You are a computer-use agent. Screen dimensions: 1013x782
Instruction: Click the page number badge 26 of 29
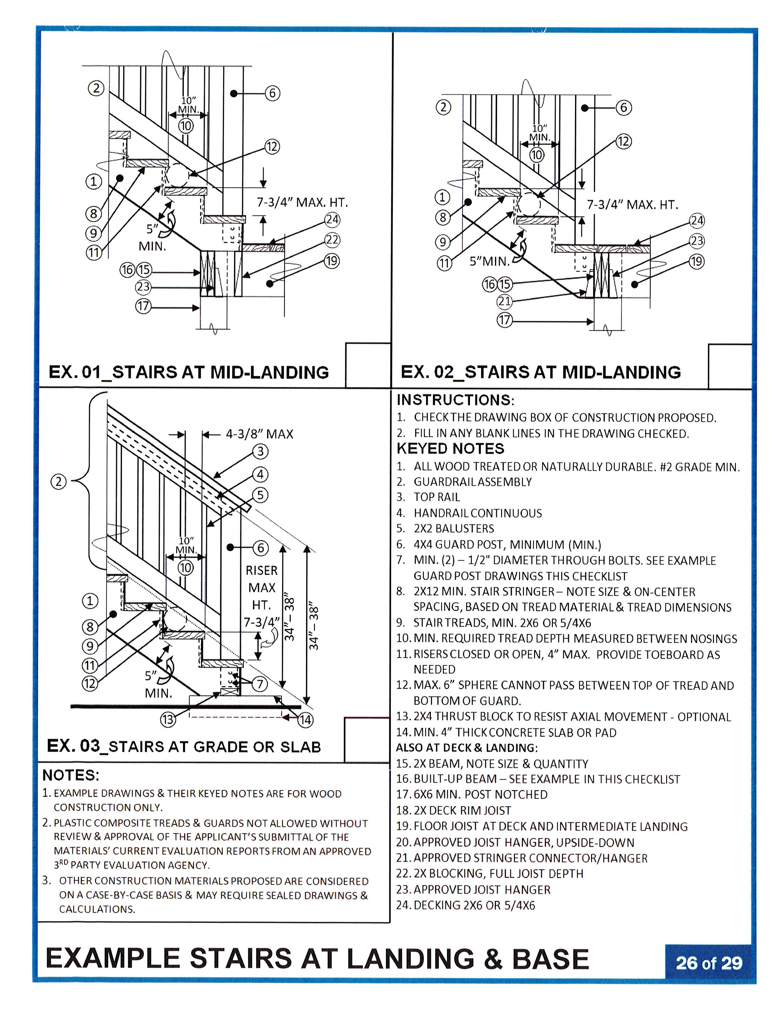[708, 963]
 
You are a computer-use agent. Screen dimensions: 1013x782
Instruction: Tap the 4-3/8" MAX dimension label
[259, 434]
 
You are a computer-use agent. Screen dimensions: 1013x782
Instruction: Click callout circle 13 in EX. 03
[168, 719]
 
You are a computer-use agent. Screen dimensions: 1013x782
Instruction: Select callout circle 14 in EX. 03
[305, 720]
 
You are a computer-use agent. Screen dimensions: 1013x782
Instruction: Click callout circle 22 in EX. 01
[332, 240]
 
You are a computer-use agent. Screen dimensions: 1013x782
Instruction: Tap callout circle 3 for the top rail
[260, 451]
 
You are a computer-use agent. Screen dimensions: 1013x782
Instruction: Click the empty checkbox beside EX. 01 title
[368, 365]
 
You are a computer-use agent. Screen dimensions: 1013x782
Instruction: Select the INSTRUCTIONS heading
[455, 400]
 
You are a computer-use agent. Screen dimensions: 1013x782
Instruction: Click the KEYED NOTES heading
[450, 448]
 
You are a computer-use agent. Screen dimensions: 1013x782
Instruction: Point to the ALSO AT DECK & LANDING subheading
[467, 748]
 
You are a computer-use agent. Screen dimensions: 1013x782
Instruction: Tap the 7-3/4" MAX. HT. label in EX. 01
[302, 203]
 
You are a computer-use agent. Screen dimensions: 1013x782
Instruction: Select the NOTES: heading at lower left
[71, 775]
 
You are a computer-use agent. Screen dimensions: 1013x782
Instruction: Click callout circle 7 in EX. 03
[260, 684]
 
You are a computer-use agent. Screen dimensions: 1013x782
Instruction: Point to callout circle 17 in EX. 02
[504, 320]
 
